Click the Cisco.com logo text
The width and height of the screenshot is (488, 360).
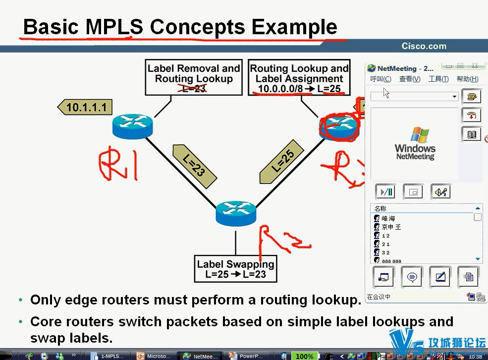424,47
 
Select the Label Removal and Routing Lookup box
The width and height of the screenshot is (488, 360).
194,77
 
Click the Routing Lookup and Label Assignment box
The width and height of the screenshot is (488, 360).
299,78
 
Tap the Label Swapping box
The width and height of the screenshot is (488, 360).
235,269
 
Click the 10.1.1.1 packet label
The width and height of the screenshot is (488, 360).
86,107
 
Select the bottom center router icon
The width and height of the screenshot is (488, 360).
236,214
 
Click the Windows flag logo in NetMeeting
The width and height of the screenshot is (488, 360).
419,135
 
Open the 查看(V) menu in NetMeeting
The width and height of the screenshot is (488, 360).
410,79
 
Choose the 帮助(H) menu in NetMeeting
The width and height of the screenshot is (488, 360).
467,79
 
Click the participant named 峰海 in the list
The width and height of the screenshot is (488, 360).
388,218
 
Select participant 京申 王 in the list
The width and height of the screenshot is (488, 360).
391,227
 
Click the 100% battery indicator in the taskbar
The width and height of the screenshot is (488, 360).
304,356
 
